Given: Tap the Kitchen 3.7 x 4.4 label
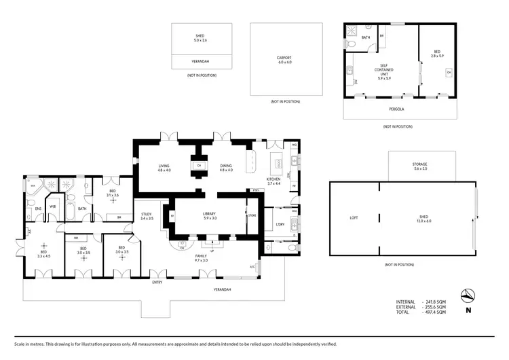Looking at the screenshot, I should coord(274,181).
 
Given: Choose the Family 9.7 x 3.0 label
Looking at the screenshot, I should coord(202,258).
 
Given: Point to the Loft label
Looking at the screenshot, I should coord(354,217).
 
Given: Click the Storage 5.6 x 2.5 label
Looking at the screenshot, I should coord(419,166).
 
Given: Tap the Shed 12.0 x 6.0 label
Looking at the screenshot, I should coord(424,217).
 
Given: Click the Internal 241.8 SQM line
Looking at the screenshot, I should coord(421,301).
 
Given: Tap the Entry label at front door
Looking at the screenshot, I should coord(157,282).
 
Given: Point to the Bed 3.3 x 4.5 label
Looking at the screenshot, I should coord(44,253).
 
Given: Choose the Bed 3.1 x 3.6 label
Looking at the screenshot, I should coord(113,194).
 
